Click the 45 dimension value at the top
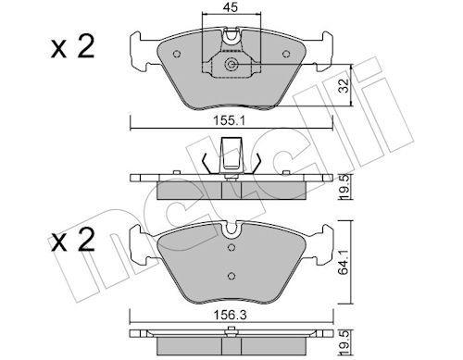point(231,7)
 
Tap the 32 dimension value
point(344,85)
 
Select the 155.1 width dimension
point(230,121)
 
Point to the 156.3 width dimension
point(231,315)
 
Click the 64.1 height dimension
point(344,262)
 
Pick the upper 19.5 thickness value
point(344,187)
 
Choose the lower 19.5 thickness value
point(344,342)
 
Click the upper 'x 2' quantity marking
point(73,47)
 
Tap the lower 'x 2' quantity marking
point(73,240)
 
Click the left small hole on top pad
point(177,54)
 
